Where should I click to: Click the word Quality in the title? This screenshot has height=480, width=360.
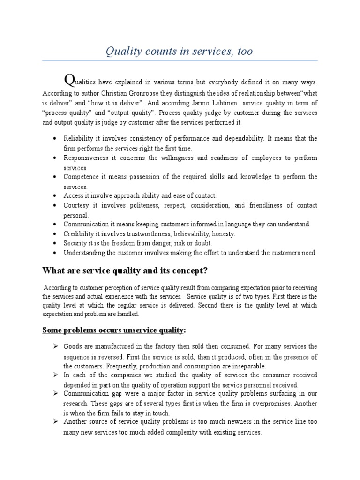pos(136,51)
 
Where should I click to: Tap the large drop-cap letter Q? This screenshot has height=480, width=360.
pos(69,81)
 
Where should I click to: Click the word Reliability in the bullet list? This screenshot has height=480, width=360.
pos(79,139)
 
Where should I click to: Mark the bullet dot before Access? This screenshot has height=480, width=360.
pos(55,196)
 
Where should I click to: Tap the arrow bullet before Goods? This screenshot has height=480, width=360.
pos(55,346)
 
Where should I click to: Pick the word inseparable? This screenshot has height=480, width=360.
pos(248,366)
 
